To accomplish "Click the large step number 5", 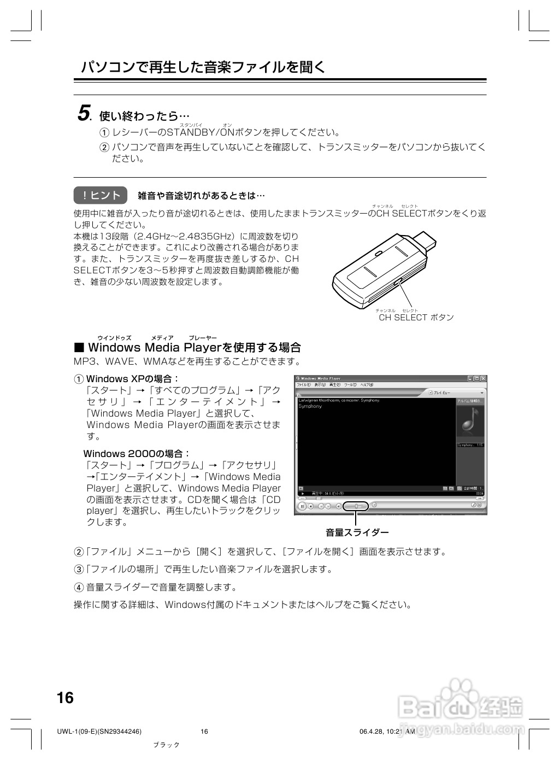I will (x=84, y=114).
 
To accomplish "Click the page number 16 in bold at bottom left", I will (x=65, y=698).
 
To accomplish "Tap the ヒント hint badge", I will (x=101, y=195).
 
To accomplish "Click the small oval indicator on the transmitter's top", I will (x=378, y=254).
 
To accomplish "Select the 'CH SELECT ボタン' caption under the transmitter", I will (x=416, y=317).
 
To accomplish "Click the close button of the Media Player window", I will (x=482, y=378).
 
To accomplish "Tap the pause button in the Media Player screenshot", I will (x=302, y=506).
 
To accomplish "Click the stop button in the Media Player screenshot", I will (x=310, y=506).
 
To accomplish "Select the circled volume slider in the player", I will (x=356, y=506).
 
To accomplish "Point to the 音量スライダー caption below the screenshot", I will (x=357, y=532).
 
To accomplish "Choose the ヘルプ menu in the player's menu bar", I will (x=367, y=385).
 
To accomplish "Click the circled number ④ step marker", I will (x=79, y=587).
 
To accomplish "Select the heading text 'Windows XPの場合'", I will (x=133, y=379).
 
